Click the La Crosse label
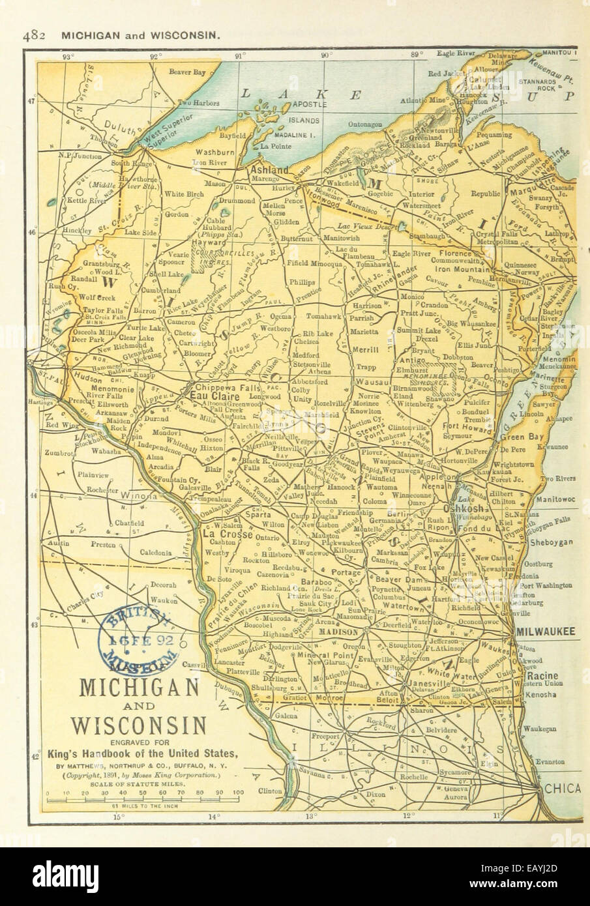[219, 533]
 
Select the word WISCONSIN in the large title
[139, 724]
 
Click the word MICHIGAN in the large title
[139, 687]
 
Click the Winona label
[138, 495]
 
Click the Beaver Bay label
[186, 71]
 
